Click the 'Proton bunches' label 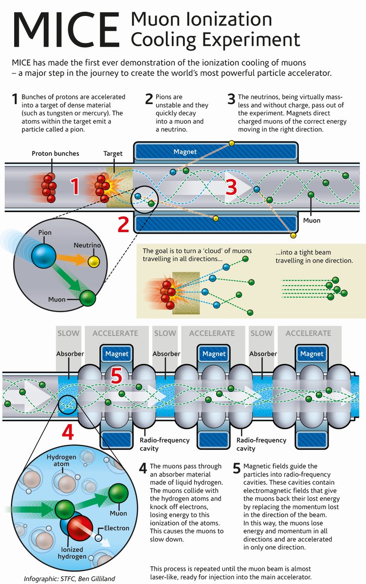tap(55, 153)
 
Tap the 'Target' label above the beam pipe tap(113, 153)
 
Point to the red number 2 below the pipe tap(124, 225)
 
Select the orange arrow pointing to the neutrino tap(73, 258)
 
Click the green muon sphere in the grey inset tap(88, 297)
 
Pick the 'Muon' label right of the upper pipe tap(311, 220)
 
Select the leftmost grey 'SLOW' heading tap(68, 333)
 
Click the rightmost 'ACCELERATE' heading tap(308, 333)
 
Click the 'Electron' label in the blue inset tap(117, 528)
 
